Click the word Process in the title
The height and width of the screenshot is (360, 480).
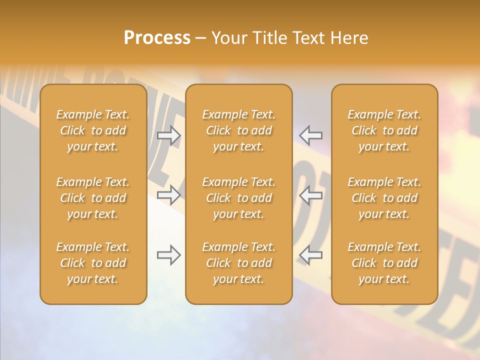click(157, 38)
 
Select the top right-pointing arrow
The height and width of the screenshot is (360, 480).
click(169, 135)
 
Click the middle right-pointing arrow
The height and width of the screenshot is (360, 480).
click(169, 195)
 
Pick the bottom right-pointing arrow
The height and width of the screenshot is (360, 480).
click(169, 255)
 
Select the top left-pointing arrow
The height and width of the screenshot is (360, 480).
click(311, 135)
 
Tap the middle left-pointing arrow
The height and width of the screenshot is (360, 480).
click(311, 195)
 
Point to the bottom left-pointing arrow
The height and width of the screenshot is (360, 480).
click(311, 255)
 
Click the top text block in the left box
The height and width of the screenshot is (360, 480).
click(93, 130)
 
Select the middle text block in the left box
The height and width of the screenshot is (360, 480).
click(93, 198)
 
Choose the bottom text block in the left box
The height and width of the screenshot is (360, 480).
click(93, 263)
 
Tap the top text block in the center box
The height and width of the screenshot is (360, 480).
click(239, 130)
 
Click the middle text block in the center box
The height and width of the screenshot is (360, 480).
click(239, 198)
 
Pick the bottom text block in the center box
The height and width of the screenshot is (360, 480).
click(239, 263)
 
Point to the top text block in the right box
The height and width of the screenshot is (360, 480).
click(384, 130)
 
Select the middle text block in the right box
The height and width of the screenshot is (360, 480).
click(384, 198)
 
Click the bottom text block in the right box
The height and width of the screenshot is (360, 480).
click(384, 263)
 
